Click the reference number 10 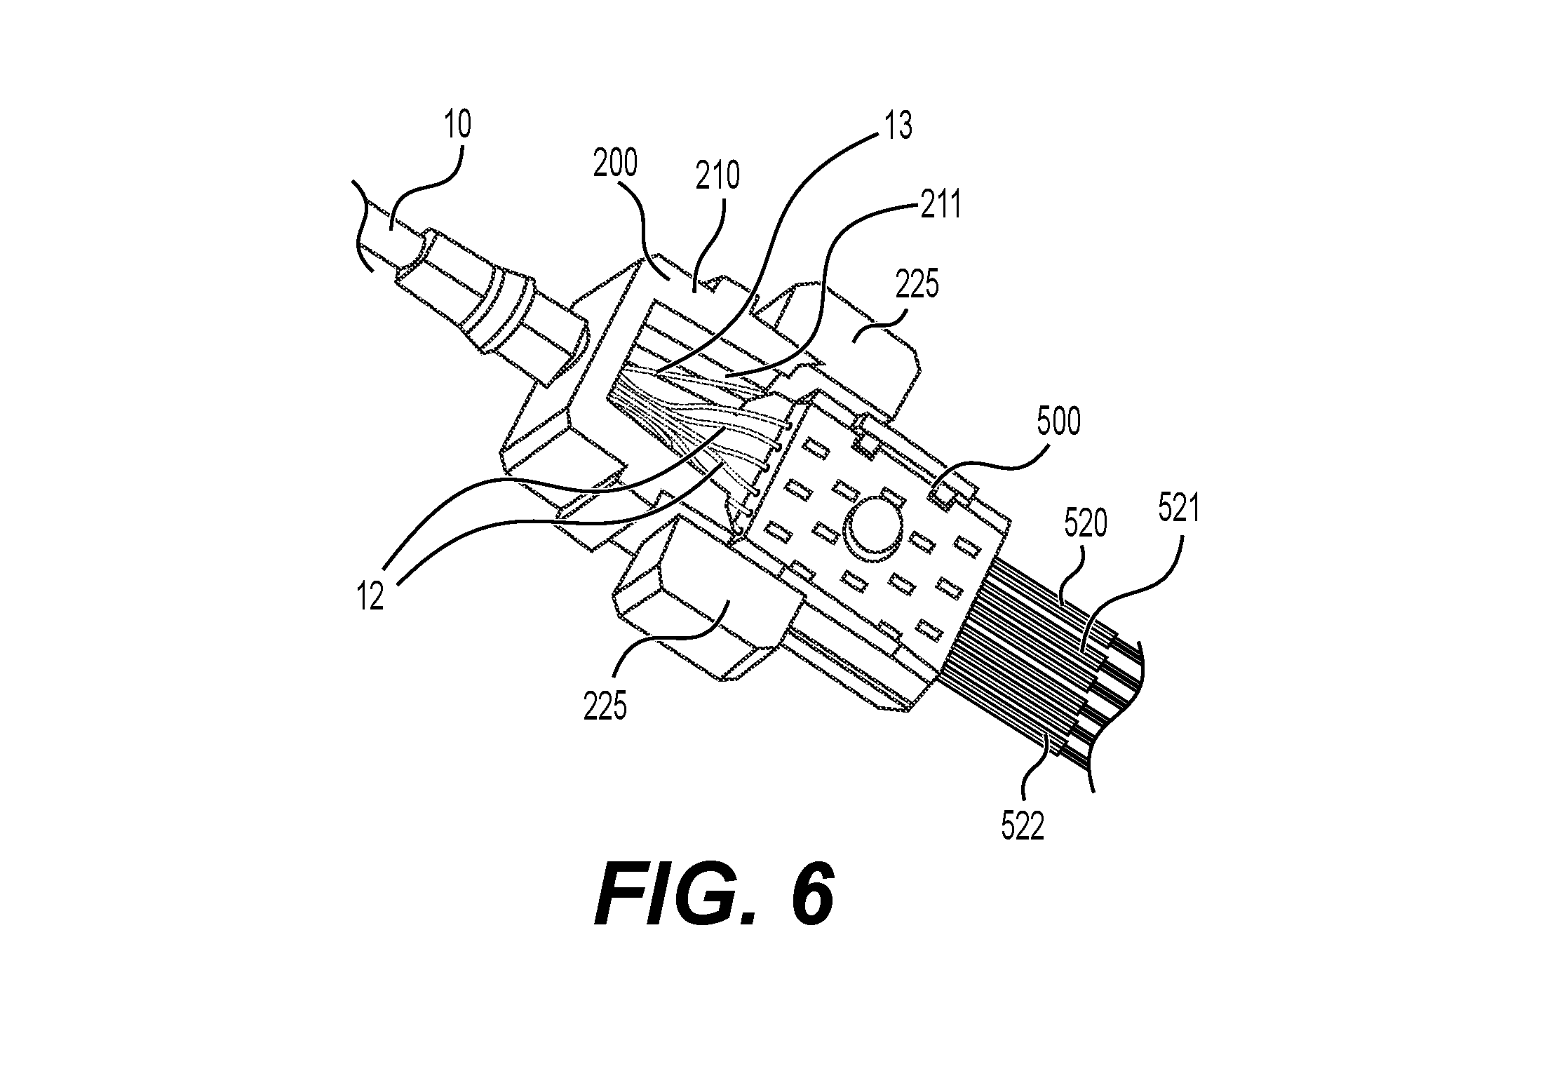(x=457, y=126)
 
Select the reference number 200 (x=615, y=163)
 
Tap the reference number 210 (x=718, y=175)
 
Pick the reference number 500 (x=1058, y=422)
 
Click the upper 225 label (x=917, y=285)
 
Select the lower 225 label (x=605, y=706)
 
